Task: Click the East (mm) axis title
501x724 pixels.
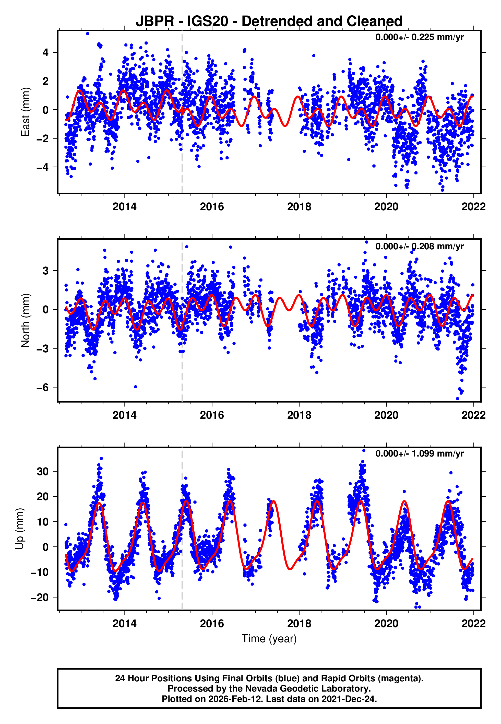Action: coord(26,112)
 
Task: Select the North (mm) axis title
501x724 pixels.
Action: coord(26,320)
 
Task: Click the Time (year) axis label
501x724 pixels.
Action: coord(269,639)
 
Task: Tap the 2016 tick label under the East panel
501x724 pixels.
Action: coord(212,207)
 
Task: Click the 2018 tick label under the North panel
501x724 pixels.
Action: coord(299,415)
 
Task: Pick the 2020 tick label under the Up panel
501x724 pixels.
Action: coord(386,624)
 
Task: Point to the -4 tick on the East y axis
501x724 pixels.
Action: coord(42,167)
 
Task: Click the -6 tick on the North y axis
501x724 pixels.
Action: coord(42,388)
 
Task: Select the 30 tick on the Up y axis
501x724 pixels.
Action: coord(42,472)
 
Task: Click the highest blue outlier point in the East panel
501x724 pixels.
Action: coord(88,33)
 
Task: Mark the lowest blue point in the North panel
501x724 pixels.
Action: coord(458,399)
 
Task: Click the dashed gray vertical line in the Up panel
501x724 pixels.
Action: coord(182,534)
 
